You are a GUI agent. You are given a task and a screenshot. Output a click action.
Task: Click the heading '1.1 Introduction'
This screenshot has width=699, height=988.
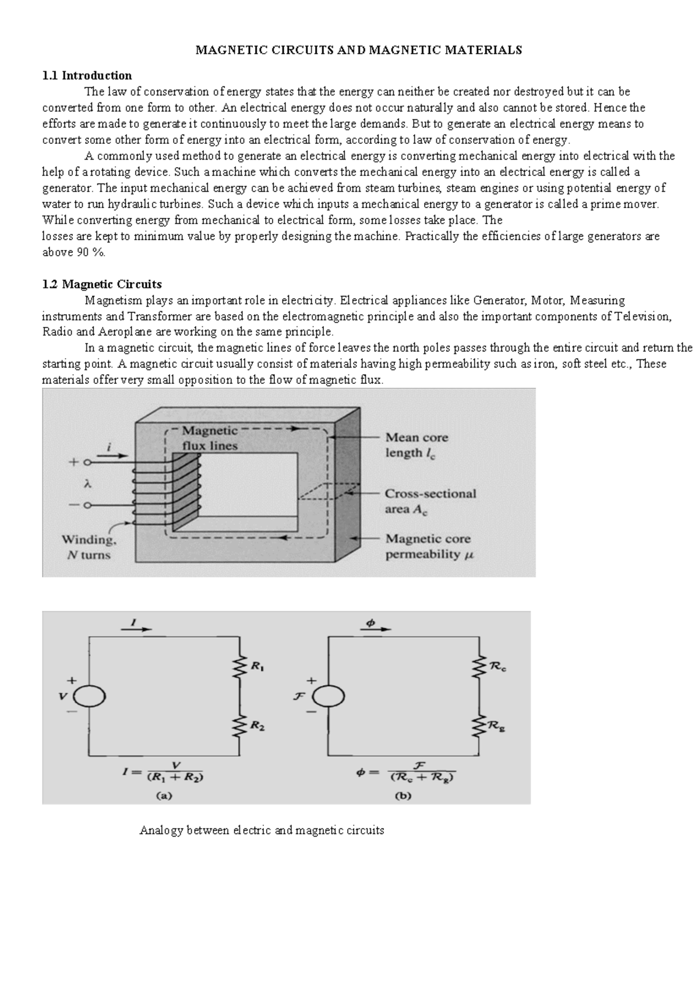pyautogui.click(x=87, y=75)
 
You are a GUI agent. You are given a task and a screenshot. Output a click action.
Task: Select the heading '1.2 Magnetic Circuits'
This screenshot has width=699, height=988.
pyautogui.click(x=102, y=284)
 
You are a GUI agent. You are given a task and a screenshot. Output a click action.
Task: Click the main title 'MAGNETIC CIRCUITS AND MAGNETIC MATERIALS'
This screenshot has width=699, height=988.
pyautogui.click(x=358, y=50)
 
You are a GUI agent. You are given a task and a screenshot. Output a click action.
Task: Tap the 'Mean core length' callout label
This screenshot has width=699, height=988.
pyautogui.click(x=416, y=445)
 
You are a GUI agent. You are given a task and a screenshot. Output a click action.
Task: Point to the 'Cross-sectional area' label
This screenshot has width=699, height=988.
pyautogui.click(x=430, y=501)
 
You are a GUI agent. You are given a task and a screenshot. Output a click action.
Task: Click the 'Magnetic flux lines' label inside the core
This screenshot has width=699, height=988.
pyautogui.click(x=210, y=438)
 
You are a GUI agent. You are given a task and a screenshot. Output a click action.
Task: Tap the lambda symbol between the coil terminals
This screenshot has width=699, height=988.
pyautogui.click(x=88, y=484)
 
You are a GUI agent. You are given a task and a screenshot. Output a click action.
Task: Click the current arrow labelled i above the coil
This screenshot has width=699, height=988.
pyautogui.click(x=111, y=456)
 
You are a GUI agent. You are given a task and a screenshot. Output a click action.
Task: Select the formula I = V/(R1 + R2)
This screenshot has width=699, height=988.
pyautogui.click(x=164, y=771)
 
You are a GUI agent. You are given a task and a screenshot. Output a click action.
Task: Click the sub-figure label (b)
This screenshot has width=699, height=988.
pyautogui.click(x=403, y=796)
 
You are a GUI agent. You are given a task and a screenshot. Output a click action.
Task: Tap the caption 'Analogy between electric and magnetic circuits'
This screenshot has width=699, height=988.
pyautogui.click(x=262, y=830)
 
